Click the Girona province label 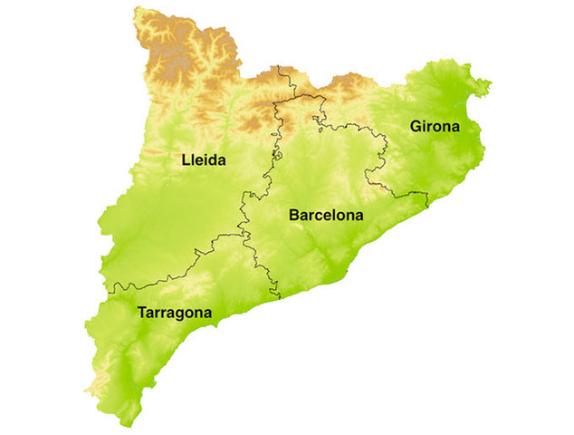[x=435, y=127]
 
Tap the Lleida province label [x=203, y=160]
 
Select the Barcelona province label [x=326, y=216]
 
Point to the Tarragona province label [x=175, y=314]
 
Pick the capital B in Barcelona [x=294, y=216]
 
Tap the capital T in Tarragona [x=143, y=313]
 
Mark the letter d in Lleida [x=215, y=160]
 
